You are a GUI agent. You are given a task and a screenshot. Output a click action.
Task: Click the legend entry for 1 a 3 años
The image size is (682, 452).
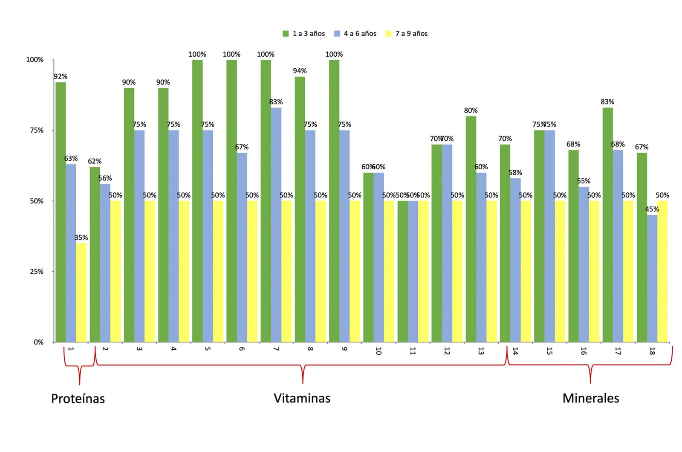tap(304, 34)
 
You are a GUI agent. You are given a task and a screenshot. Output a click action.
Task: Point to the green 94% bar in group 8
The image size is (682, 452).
tap(300, 209)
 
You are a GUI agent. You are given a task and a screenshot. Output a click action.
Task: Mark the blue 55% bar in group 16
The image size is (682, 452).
tap(584, 264)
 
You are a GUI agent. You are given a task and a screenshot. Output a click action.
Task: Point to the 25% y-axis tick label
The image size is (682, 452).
tap(37, 272)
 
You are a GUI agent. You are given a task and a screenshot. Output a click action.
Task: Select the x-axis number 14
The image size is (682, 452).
tap(515, 351)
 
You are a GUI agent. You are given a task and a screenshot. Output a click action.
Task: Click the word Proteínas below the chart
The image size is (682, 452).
tap(78, 398)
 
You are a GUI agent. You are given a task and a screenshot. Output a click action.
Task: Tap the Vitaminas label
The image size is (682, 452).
tap(302, 398)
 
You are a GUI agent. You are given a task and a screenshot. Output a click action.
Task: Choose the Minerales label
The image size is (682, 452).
tap(590, 398)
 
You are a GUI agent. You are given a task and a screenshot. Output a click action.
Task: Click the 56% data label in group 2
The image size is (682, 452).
tap(105, 178)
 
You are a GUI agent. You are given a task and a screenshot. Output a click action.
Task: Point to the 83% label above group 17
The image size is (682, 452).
tap(607, 102)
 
